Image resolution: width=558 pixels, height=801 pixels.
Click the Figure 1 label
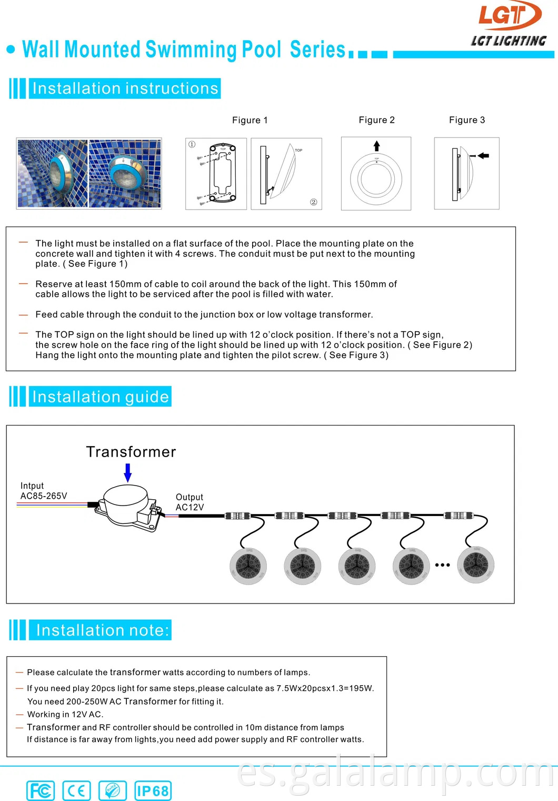pos(250,120)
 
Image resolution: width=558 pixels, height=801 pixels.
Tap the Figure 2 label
pos(376,120)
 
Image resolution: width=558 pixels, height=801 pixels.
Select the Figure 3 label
pos(467,120)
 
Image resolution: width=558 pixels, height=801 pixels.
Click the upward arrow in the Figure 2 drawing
pos(376,146)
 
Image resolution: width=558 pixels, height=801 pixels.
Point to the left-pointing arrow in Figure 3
pos(483,156)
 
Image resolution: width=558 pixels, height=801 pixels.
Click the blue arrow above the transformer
pos(127,472)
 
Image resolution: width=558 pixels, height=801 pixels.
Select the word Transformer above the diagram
pos(131,452)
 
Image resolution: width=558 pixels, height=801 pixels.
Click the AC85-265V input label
pos(44,496)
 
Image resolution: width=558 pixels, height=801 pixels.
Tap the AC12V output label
pos(190,507)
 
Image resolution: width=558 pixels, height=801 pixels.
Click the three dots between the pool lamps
pos(442,565)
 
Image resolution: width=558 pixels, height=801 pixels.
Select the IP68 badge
pos(153,790)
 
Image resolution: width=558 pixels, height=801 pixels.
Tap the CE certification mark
pos(76,790)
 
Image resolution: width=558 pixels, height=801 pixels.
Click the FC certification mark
pos(41,790)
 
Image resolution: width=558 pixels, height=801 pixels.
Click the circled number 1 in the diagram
pos(192,144)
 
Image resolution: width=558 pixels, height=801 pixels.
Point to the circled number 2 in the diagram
pos(314,202)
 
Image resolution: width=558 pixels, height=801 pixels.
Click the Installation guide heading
pos(101,397)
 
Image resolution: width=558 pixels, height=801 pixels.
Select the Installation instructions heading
pos(125,88)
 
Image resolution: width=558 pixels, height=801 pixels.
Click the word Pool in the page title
pos(262,50)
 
